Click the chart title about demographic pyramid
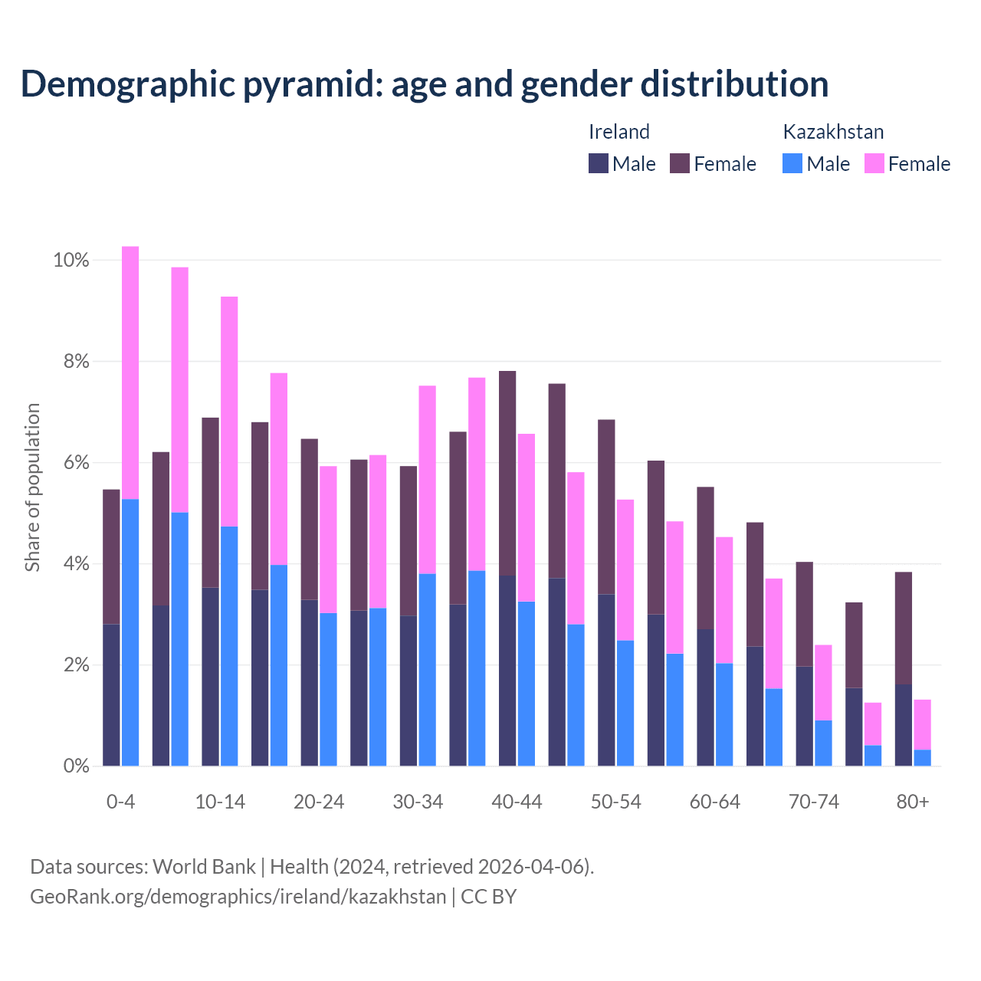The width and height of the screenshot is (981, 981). coord(425,84)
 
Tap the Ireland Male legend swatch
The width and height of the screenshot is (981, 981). coord(599,163)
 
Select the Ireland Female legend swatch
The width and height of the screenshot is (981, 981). coord(680,163)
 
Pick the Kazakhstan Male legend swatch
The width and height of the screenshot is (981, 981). coord(792,163)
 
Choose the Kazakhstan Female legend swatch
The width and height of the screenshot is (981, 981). coord(874,163)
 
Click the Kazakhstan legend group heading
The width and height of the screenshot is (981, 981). coord(833,132)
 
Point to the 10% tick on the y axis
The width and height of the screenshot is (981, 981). coord(71,261)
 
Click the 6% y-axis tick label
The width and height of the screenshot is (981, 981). coord(76,463)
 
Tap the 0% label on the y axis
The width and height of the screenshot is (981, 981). coord(76,766)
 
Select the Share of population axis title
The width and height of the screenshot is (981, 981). coord(33,487)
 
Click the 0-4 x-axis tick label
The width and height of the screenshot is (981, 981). coord(121,802)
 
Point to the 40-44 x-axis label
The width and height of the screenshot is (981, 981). coord(517,802)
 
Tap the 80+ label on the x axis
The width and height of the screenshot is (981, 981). coord(913,802)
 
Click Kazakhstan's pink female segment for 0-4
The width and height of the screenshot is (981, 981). coord(130,372)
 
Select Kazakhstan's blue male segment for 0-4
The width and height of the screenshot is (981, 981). coord(130,632)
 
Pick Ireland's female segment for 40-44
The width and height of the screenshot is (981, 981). coord(507,473)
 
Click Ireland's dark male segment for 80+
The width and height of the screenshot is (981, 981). coord(904,725)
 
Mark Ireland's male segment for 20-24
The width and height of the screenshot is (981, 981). coord(310,683)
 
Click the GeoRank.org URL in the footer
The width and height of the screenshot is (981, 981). coord(238,897)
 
